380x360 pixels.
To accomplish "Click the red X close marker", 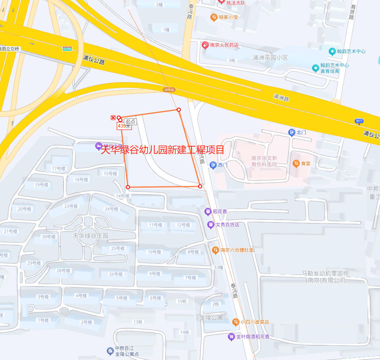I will [x=113, y=118].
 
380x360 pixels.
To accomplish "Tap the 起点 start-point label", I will [x=130, y=122].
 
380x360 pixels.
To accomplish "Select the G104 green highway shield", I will [x=68, y=48].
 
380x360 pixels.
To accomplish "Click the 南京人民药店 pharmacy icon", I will [x=205, y=45].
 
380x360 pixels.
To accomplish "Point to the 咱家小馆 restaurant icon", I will [x=214, y=17].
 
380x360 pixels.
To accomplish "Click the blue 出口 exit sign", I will [x=359, y=121].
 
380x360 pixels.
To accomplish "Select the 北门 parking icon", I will [x=292, y=132].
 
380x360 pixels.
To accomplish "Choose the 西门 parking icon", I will [x=213, y=165].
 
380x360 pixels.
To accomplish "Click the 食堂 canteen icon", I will [x=296, y=163].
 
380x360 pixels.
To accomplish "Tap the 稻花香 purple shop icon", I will [x=208, y=211].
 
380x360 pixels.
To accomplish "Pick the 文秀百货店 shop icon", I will [x=211, y=225].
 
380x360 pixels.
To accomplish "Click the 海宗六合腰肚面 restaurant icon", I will [x=215, y=250].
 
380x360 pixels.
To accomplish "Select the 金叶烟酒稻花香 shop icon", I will [x=231, y=337].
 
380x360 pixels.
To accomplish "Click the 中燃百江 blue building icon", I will [x=110, y=351].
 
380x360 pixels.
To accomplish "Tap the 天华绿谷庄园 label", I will [x=91, y=236].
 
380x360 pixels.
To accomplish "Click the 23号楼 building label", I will [x=71, y=206].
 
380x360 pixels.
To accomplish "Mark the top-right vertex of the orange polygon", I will [x=179, y=110].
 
